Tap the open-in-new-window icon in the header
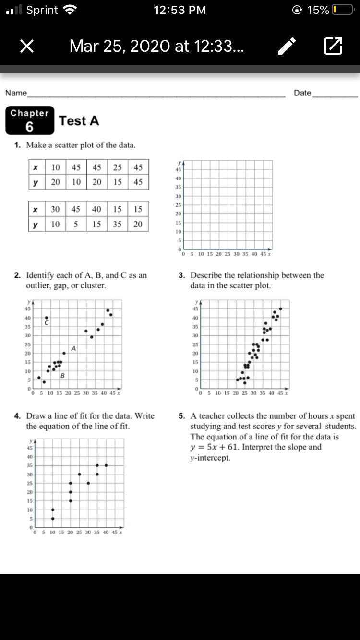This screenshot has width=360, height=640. [x=333, y=46]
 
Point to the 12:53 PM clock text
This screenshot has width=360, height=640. [x=180, y=10]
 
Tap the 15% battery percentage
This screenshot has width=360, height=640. [x=318, y=10]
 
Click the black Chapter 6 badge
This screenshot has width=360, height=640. [x=30, y=120]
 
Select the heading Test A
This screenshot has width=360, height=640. [x=79, y=121]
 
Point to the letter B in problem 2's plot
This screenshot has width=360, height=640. [x=62, y=375]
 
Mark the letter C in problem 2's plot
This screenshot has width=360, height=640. [x=47, y=324]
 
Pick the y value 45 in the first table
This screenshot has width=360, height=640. [x=138, y=182]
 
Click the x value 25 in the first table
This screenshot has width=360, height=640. [x=118, y=167]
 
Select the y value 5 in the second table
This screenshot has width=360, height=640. [x=76, y=224]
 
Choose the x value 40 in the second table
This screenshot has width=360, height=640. [x=97, y=209]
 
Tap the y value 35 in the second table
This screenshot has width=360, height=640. [x=118, y=224]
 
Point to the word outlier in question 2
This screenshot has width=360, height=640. [x=39, y=285]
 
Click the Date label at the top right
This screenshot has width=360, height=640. [x=302, y=93]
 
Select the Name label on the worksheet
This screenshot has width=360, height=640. [x=16, y=93]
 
